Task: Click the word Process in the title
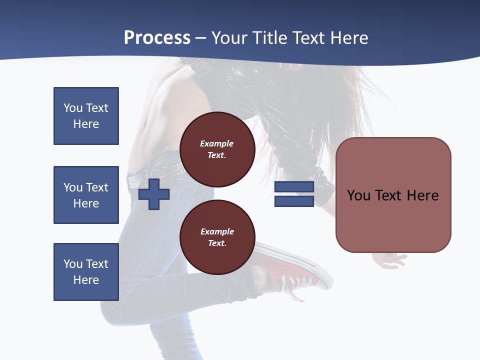click(x=157, y=38)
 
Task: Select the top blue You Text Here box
click(x=86, y=116)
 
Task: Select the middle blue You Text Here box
click(x=86, y=195)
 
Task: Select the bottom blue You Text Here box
click(x=86, y=272)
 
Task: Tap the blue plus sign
click(x=154, y=194)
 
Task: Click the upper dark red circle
click(x=217, y=149)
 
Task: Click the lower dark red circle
click(x=217, y=237)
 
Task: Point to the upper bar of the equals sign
click(x=294, y=187)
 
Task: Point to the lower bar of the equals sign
click(x=294, y=201)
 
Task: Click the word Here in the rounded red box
click(x=422, y=195)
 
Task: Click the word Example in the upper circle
click(x=217, y=143)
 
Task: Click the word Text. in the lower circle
click(x=217, y=243)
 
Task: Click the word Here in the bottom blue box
click(x=86, y=280)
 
